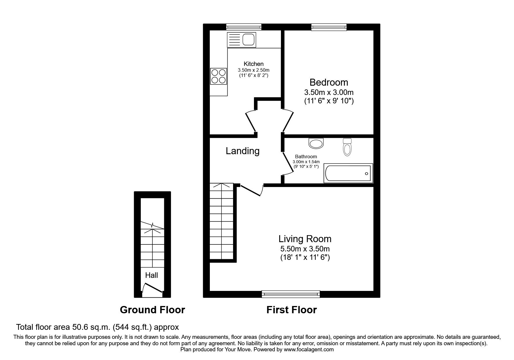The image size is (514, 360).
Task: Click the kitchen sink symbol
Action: coord(242,39)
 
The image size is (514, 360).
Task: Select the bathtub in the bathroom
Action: coord(348,173)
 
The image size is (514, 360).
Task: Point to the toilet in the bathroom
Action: coord(347,147)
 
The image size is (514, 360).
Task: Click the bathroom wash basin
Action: coord(316,143)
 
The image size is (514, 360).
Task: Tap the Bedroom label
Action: coord(329,82)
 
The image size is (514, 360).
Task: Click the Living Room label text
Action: coord(305,239)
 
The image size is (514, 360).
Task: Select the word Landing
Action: coord(243,151)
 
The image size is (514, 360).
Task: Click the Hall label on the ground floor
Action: coord(152,275)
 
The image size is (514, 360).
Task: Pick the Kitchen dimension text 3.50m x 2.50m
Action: coord(253,70)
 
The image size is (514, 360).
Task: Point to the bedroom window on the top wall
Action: coord(329,27)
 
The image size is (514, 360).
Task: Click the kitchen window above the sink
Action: coord(244,27)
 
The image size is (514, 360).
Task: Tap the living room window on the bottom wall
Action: coord(291,294)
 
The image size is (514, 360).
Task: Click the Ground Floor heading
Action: coord(152,310)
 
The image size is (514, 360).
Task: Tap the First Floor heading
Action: coord(291,310)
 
